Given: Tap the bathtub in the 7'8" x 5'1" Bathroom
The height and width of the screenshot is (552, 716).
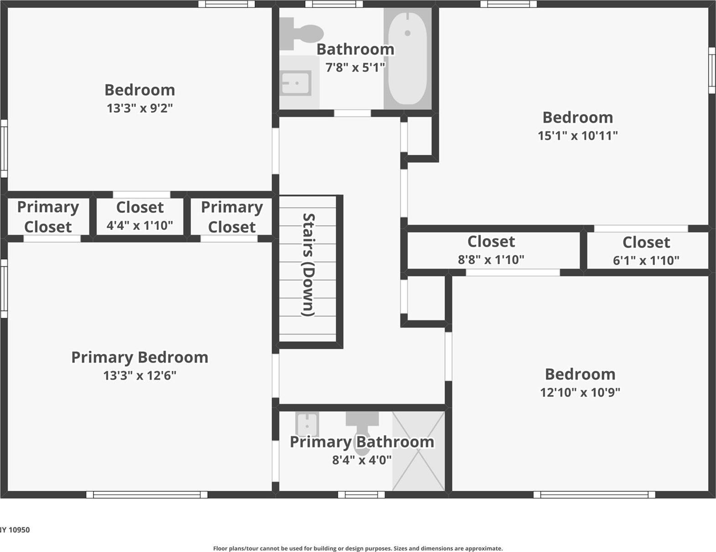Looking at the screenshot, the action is pyautogui.click(x=408, y=58).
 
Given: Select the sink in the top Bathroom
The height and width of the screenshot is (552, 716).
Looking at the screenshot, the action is pyautogui.click(x=296, y=83).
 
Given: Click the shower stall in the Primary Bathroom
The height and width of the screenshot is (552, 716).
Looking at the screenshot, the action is pyautogui.click(x=419, y=451).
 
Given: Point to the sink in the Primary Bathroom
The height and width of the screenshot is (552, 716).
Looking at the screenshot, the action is pyautogui.click(x=307, y=424).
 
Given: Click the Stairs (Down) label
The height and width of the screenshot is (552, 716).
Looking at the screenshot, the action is pyautogui.click(x=309, y=265).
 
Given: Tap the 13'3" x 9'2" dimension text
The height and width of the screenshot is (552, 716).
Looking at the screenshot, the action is pyautogui.click(x=140, y=108).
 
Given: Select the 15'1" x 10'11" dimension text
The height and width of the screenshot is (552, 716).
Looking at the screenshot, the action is pyautogui.click(x=578, y=135).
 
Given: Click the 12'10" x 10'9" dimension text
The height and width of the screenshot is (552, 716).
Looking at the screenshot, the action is pyautogui.click(x=580, y=392).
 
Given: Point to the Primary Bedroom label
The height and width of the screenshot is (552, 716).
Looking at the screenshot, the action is pyautogui.click(x=140, y=358).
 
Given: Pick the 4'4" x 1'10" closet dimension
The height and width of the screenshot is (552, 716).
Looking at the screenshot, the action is pyautogui.click(x=140, y=225).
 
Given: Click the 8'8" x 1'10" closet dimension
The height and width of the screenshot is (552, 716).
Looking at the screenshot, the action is pyautogui.click(x=491, y=260).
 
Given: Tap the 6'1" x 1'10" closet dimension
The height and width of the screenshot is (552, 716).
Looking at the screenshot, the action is pyautogui.click(x=646, y=260).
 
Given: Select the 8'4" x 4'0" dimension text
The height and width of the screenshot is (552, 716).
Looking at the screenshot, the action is pyautogui.click(x=362, y=460).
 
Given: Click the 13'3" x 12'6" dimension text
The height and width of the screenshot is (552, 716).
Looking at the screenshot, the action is pyautogui.click(x=140, y=375).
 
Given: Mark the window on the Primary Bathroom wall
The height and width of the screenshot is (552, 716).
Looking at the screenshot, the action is pyautogui.click(x=361, y=495).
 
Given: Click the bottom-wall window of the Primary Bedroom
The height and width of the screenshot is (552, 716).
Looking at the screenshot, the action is pyautogui.click(x=147, y=495).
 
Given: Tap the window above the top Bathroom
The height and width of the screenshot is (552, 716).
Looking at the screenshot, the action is pyautogui.click(x=334, y=4).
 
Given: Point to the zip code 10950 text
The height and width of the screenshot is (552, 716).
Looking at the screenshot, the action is pyautogui.click(x=19, y=530).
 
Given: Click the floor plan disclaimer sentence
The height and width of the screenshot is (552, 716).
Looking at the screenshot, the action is pyautogui.click(x=358, y=548).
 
